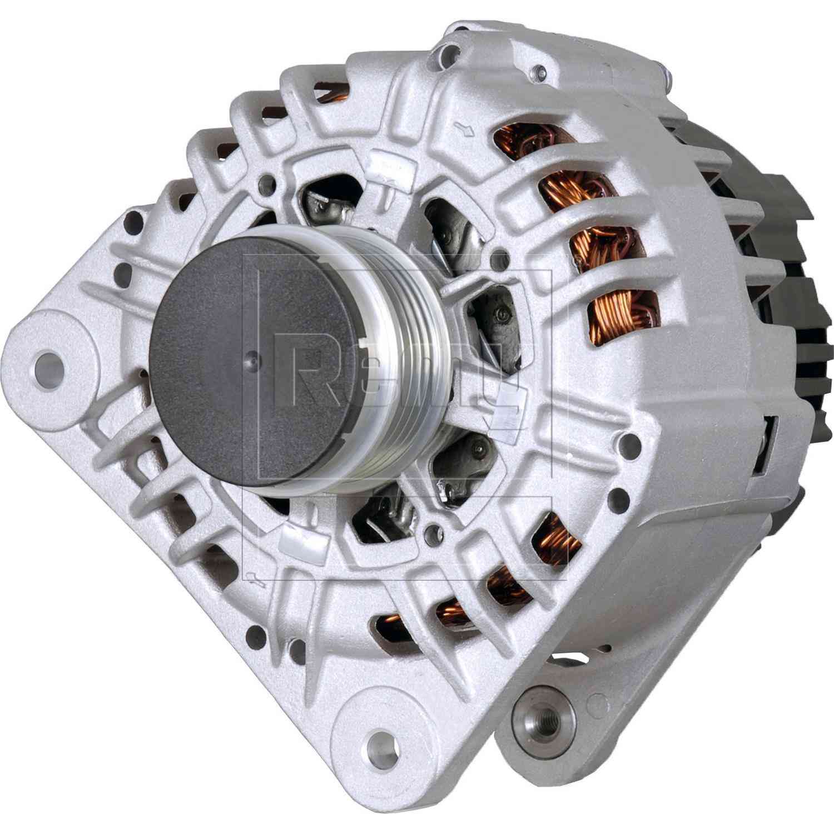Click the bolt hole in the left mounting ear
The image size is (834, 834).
[x=48, y=364]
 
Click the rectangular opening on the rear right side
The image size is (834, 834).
[x=767, y=439]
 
